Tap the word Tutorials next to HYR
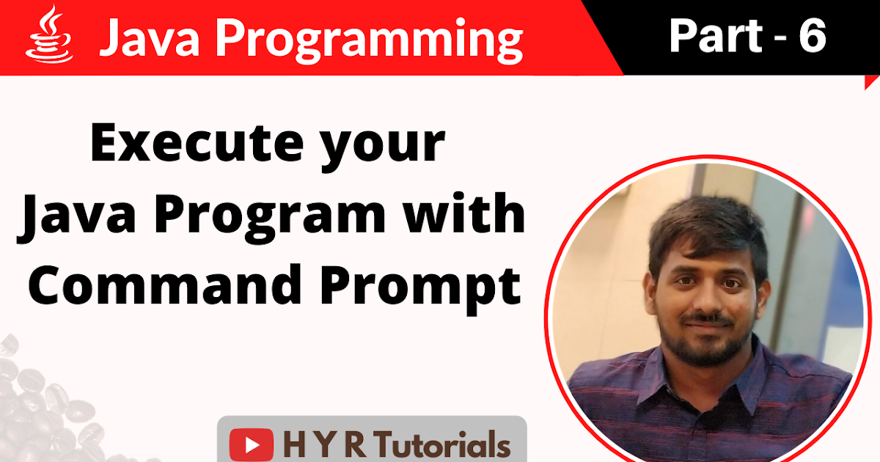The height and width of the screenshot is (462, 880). tap(439, 445)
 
